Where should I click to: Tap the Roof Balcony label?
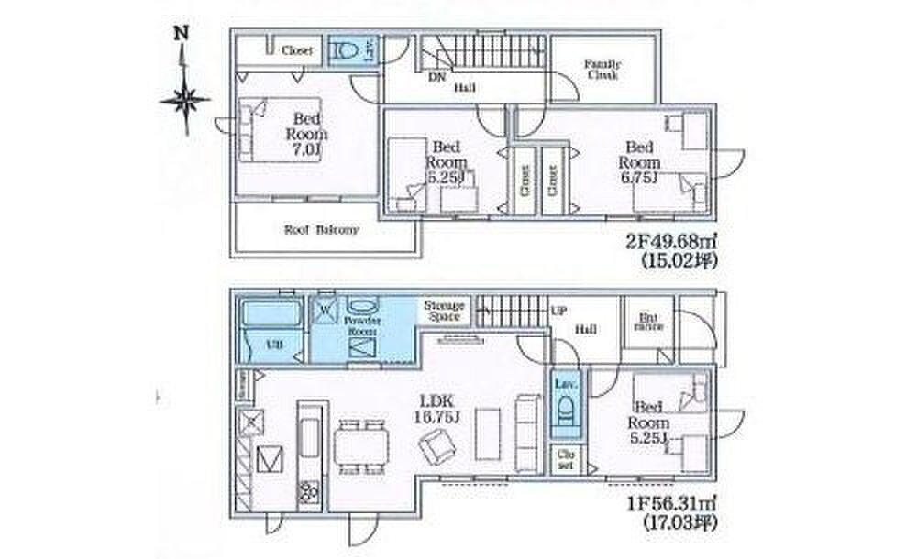coord(321,230)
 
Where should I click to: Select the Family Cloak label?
coord(602,70)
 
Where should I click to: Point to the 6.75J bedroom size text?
coord(640,177)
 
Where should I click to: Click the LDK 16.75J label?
coord(438,408)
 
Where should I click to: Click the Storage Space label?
coord(445,311)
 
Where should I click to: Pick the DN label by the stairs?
coord(437,77)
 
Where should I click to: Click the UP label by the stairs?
coord(558,311)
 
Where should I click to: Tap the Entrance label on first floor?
coord(649,322)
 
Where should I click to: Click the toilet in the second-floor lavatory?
coord(341,51)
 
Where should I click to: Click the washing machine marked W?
coord(325,311)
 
